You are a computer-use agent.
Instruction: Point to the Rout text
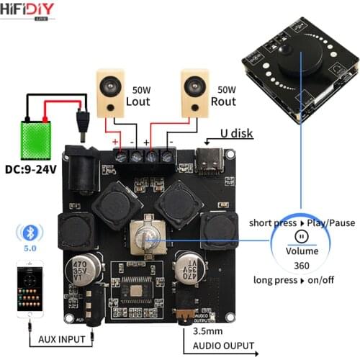tap(223, 102)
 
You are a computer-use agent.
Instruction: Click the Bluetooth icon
tap(29, 233)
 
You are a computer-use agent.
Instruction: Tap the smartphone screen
tap(29, 288)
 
